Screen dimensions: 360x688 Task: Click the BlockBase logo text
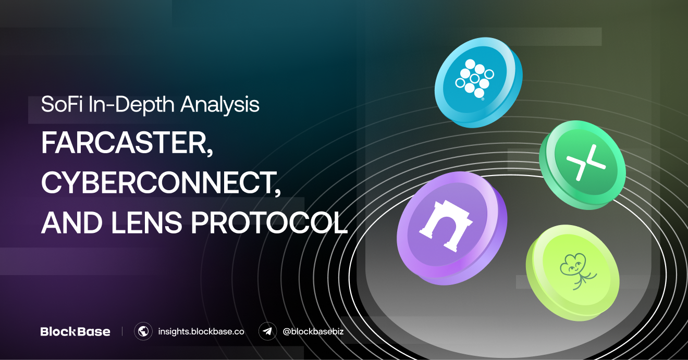pyautogui.click(x=75, y=331)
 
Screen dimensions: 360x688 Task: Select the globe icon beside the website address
pyautogui.click(x=143, y=331)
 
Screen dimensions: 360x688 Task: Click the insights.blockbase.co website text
pyautogui.click(x=201, y=331)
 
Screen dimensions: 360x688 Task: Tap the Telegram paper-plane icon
pyautogui.click(x=267, y=331)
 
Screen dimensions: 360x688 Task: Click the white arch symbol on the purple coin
pyautogui.click(x=446, y=227)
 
